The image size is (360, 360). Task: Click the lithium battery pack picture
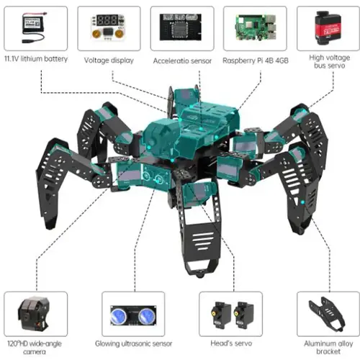tap(34, 28)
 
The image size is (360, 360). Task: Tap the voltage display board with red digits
tap(108, 27)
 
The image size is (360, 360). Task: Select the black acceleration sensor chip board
tap(180, 27)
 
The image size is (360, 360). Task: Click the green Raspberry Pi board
tap(256, 27)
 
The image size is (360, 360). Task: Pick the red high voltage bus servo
tap(328, 28)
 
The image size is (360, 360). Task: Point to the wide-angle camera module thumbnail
tap(34, 313)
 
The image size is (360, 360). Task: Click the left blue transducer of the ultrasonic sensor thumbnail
tap(120, 315)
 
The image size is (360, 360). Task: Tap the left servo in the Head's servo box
tap(221, 316)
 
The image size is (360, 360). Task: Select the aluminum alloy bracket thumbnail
tap(327, 313)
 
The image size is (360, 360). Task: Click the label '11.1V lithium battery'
tap(36, 58)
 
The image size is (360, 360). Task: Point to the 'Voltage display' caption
tap(109, 60)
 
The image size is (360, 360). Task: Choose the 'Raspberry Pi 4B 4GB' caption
tap(256, 60)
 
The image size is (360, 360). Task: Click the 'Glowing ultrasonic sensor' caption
tap(134, 343)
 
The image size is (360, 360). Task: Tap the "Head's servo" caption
tap(231, 343)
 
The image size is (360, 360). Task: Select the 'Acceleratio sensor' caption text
tap(182, 60)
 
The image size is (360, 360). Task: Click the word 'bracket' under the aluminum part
tap(328, 351)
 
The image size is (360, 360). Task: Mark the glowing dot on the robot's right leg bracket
tap(302, 202)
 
